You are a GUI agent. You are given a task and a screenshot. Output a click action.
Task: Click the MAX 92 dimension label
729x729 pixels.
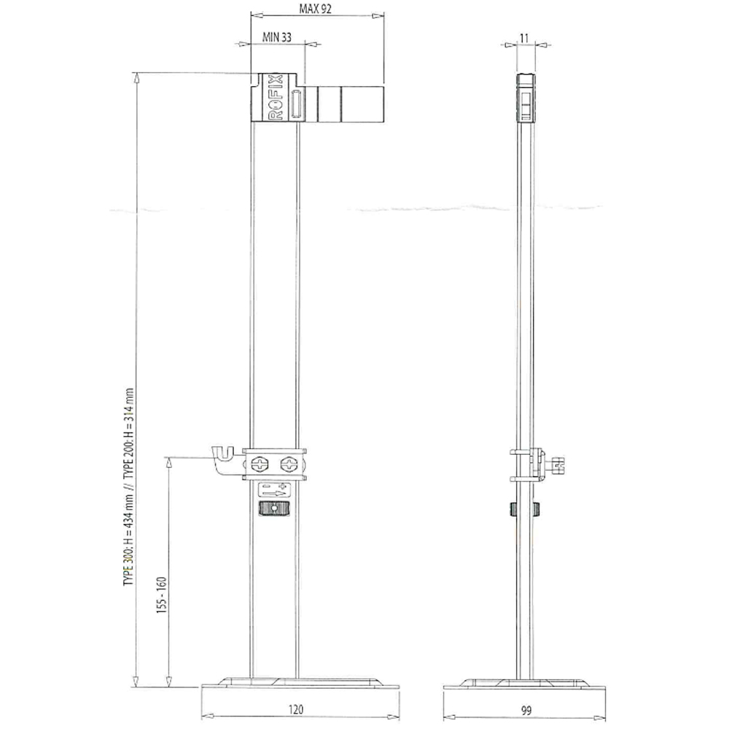[317, 9]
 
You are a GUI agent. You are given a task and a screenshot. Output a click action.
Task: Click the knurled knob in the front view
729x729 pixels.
[275, 509]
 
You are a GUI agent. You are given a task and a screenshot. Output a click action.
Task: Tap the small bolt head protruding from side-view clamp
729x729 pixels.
[558, 464]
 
